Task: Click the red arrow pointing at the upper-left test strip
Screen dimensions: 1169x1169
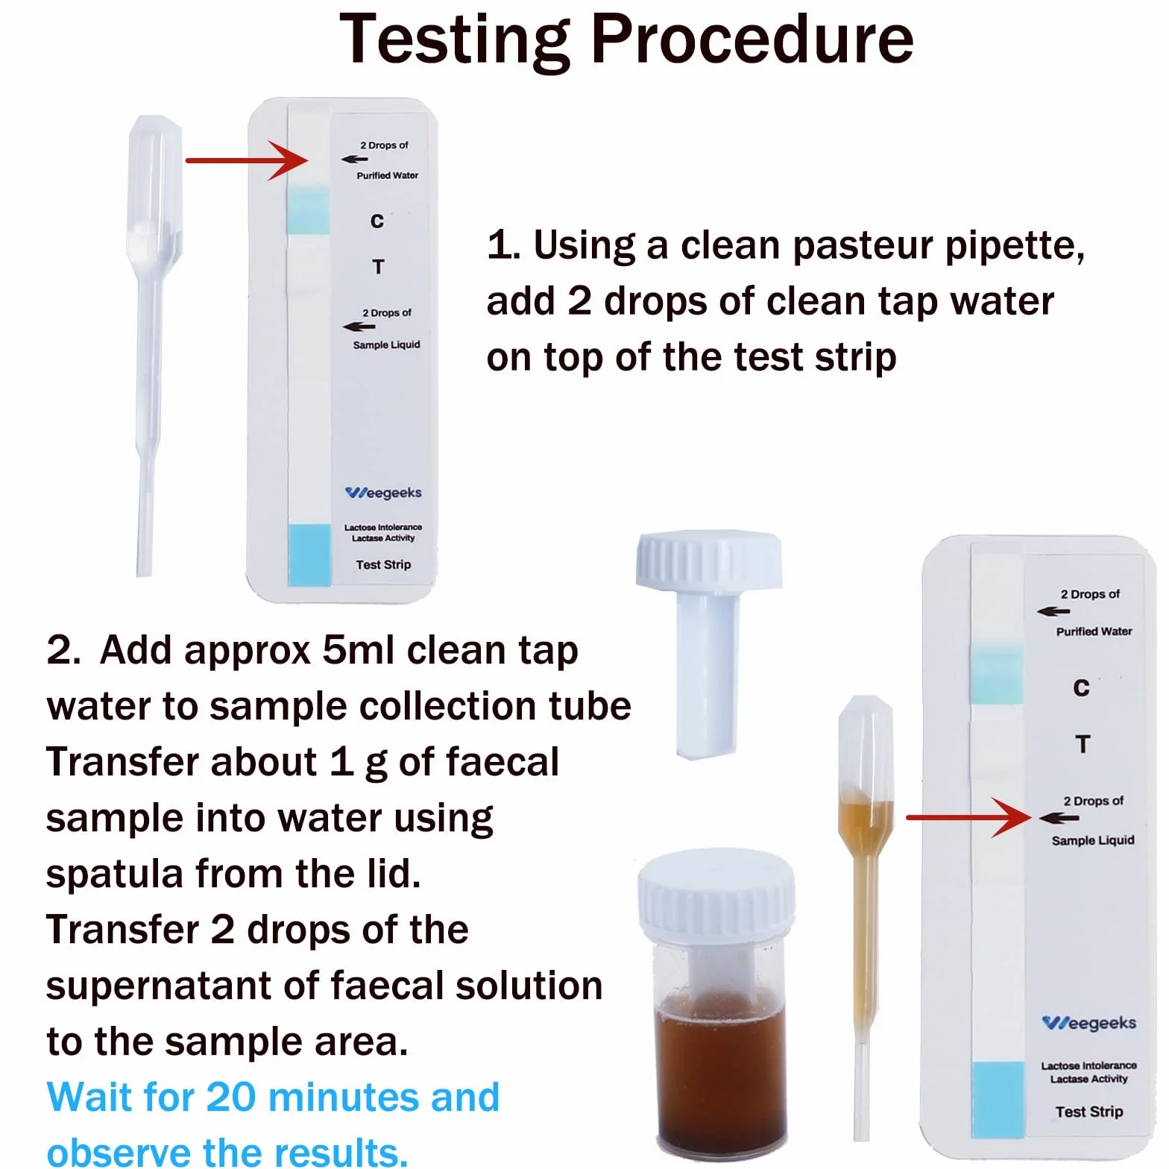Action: click(x=247, y=160)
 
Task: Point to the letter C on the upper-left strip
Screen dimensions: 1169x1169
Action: click(x=377, y=221)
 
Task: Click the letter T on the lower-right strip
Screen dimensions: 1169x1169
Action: click(x=1083, y=744)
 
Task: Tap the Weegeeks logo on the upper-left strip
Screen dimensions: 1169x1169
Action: click(x=383, y=493)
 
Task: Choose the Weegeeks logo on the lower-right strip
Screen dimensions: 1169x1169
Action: click(x=1089, y=1023)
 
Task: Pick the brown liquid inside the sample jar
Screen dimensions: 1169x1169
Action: click(x=719, y=1074)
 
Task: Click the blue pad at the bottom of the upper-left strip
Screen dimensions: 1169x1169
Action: click(x=309, y=554)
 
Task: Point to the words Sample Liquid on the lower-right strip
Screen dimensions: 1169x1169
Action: click(x=1093, y=840)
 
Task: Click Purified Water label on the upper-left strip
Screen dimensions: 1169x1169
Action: click(x=387, y=175)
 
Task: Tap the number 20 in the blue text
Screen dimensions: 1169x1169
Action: click(x=230, y=1097)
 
